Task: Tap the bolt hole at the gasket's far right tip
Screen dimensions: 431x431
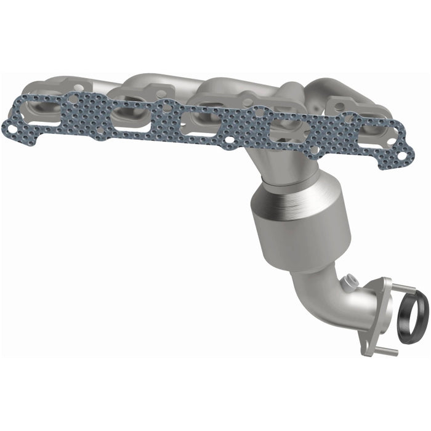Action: click(x=401, y=156)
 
